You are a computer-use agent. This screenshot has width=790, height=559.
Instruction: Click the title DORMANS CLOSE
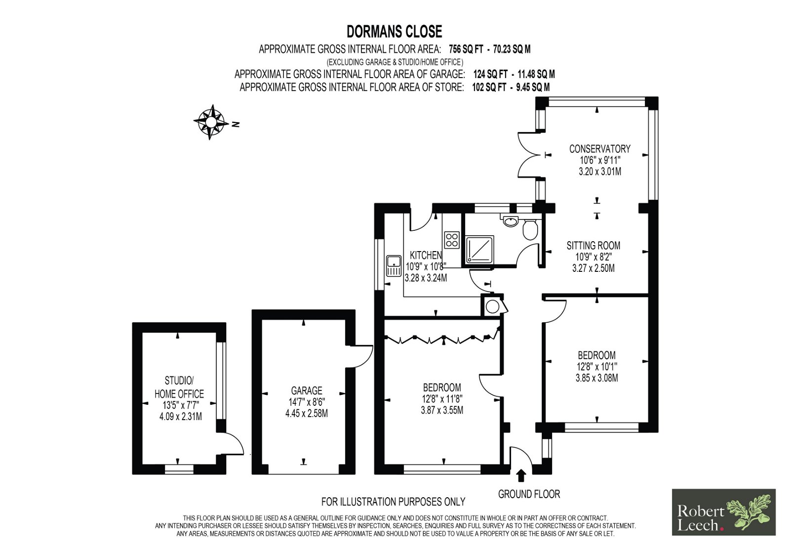click(x=395, y=32)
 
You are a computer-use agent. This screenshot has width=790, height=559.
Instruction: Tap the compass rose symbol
click(x=211, y=122)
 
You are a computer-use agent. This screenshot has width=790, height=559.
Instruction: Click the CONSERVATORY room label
click(x=600, y=149)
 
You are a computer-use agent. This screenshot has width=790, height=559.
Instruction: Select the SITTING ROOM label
click(x=593, y=246)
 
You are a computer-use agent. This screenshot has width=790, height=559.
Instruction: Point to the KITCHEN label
click(x=426, y=255)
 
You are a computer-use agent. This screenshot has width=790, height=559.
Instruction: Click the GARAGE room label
click(x=307, y=390)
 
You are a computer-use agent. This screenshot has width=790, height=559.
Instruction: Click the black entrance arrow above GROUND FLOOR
click(x=521, y=475)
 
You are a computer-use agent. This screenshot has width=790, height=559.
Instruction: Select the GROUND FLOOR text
click(x=529, y=494)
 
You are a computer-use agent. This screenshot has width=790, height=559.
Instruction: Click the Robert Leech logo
click(x=724, y=512)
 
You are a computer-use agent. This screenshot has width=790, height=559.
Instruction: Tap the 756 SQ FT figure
click(x=466, y=49)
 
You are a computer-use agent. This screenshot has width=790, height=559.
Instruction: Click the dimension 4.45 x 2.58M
click(x=307, y=413)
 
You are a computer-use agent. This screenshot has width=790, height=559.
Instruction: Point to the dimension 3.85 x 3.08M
click(x=597, y=378)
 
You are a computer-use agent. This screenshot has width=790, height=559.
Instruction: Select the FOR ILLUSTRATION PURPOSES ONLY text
click(x=393, y=502)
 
